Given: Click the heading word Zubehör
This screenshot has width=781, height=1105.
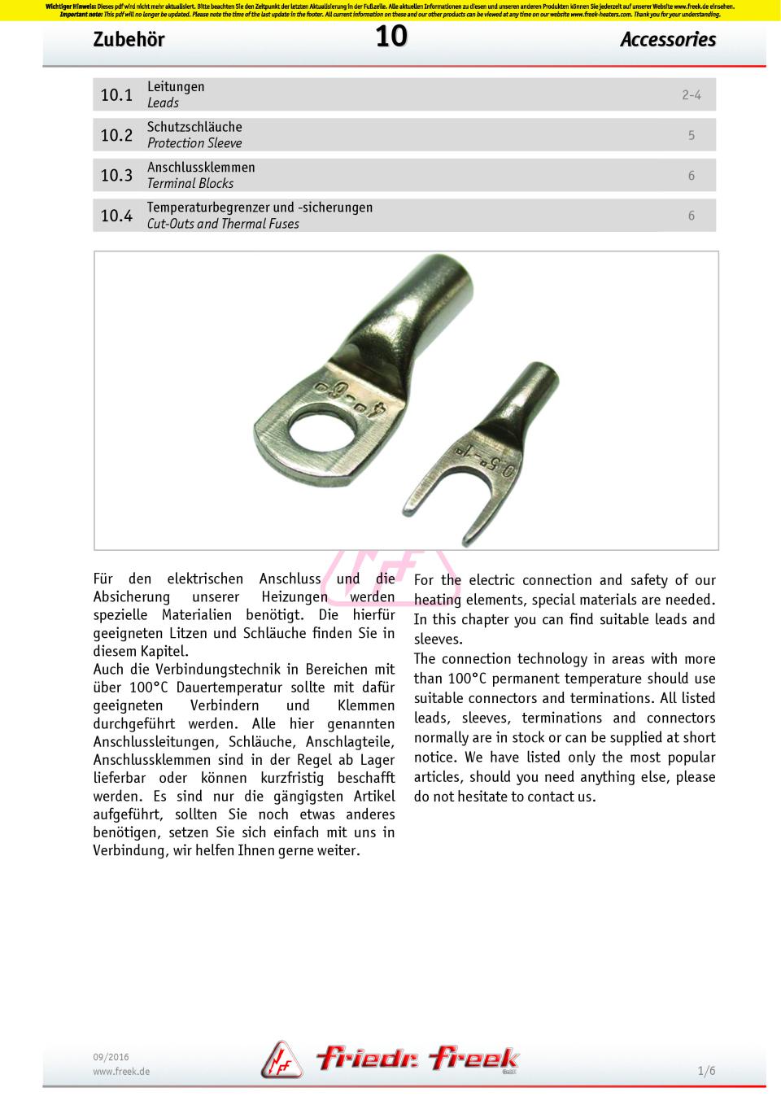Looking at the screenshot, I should pyautogui.click(x=129, y=40).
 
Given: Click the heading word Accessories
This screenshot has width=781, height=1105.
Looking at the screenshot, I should pyautogui.click(x=667, y=40).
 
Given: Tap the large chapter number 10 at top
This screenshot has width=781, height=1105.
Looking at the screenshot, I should pyautogui.click(x=390, y=36).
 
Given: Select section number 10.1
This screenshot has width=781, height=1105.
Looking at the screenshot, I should pyautogui.click(x=116, y=95).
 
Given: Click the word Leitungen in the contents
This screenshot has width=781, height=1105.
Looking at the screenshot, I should pyautogui.click(x=176, y=87).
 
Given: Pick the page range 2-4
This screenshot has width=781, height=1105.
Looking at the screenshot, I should pyautogui.click(x=691, y=95).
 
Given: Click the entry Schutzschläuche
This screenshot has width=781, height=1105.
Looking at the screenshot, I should pyautogui.click(x=194, y=127).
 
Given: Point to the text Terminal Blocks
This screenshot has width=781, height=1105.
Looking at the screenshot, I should pyautogui.click(x=190, y=184).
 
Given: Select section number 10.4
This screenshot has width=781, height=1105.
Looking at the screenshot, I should pyautogui.click(x=116, y=216).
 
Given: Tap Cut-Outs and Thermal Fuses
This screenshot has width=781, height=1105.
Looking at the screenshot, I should pyautogui.click(x=223, y=224).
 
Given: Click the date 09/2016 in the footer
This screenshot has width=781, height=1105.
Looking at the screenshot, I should pyautogui.click(x=111, y=1057).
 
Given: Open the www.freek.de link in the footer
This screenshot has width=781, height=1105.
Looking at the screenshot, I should pyautogui.click(x=121, y=1072).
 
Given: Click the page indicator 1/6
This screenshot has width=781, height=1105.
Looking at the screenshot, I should pyautogui.click(x=706, y=1071).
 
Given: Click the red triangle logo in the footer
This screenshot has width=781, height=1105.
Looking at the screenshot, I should pyautogui.click(x=281, y=1061).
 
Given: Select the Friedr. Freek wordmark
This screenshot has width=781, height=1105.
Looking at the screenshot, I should pyautogui.click(x=417, y=1059).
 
